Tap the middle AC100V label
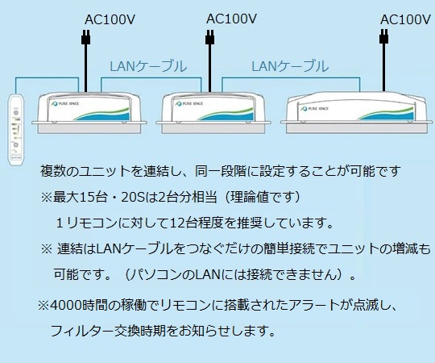click(x=232, y=18)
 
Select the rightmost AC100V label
click(x=406, y=19)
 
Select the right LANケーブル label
click(x=290, y=66)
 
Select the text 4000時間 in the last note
click(x=79, y=307)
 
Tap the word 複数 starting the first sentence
click(x=52, y=172)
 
